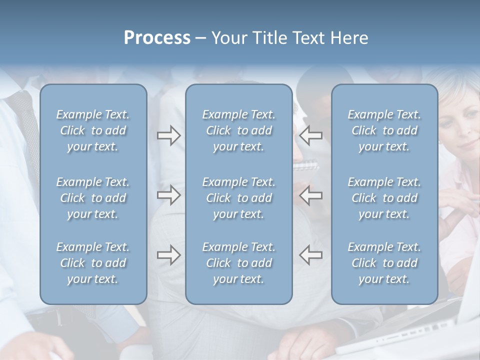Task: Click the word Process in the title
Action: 157,38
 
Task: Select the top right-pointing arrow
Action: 168,135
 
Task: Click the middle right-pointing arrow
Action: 168,195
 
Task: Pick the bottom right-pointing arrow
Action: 168,255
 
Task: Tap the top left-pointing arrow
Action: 311,135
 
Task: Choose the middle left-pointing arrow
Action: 311,195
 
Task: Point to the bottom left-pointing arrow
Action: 311,255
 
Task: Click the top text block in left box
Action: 93,130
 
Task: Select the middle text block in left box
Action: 93,198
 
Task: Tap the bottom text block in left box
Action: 93,263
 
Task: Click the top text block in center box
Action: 239,130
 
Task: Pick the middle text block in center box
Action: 239,198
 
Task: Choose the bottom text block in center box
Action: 239,263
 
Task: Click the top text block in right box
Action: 384,130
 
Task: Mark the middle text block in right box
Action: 384,198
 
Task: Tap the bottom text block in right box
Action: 384,263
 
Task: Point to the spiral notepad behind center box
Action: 304,165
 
